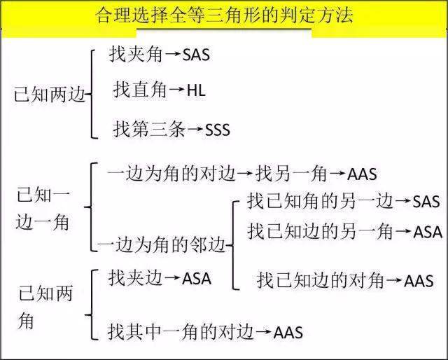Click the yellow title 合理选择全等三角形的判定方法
[x=224, y=15]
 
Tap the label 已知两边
[x=50, y=95]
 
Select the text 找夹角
[x=135, y=54]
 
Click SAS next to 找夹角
[x=196, y=55]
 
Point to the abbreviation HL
[x=196, y=90]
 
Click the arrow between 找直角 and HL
[x=176, y=89]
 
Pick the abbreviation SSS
[x=218, y=130]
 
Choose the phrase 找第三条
[x=149, y=129]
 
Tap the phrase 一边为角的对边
[x=171, y=173]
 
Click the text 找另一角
[x=291, y=173]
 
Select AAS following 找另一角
[x=362, y=174]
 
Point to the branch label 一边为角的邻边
[x=162, y=244]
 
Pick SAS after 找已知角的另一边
[x=426, y=201]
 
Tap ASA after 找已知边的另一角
[x=428, y=232]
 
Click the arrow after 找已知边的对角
[x=394, y=279]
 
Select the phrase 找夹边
[x=135, y=278]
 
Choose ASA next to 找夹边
[x=197, y=279]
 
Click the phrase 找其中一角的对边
[x=181, y=332]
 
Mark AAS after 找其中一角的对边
[x=288, y=332]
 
